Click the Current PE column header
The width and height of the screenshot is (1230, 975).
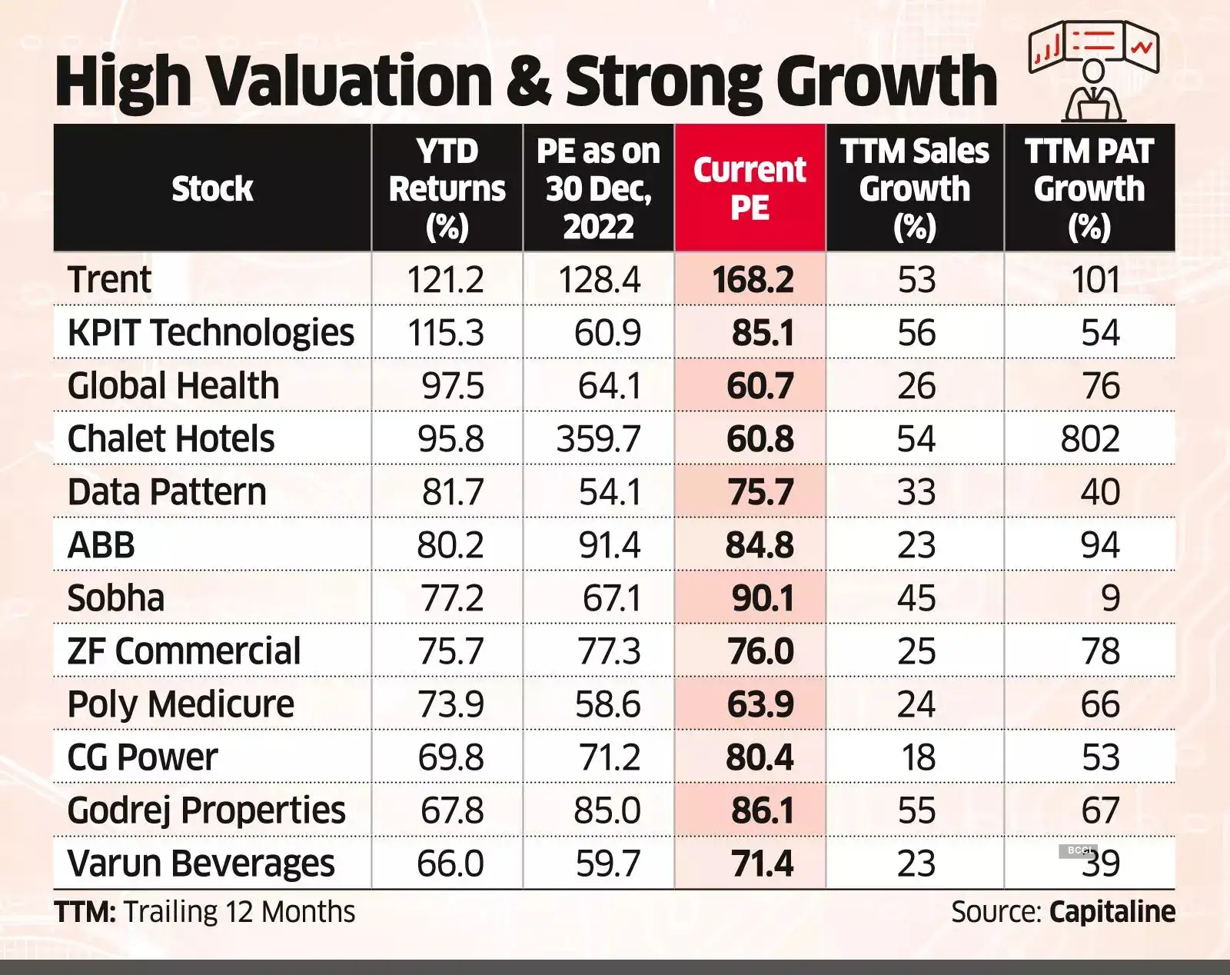[750, 188]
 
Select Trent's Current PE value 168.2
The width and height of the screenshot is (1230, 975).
[752, 280]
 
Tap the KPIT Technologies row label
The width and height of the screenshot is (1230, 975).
[211, 333]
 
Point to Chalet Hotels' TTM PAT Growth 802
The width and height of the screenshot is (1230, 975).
[1090, 439]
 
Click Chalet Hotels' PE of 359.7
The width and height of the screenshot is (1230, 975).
[598, 439]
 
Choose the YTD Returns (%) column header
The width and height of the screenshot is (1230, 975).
[447, 188]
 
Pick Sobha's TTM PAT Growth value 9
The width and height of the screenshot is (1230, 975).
[1109, 598]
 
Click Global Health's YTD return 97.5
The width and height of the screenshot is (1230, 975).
[452, 386]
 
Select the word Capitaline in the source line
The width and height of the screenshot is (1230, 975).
[1112, 912]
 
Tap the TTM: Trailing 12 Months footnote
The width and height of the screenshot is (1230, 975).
[204, 912]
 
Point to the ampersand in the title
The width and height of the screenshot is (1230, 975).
[529, 82]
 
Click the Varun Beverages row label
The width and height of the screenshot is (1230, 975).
[201, 864]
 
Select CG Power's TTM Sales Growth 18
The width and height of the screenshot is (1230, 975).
[917, 757]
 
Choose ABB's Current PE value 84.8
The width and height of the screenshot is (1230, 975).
[759, 545]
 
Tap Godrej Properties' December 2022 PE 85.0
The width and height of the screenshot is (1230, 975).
[607, 810]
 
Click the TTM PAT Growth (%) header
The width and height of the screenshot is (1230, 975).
[1089, 188]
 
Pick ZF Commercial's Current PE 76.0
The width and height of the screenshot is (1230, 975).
[760, 651]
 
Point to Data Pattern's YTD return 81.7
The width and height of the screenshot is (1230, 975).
[452, 492]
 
